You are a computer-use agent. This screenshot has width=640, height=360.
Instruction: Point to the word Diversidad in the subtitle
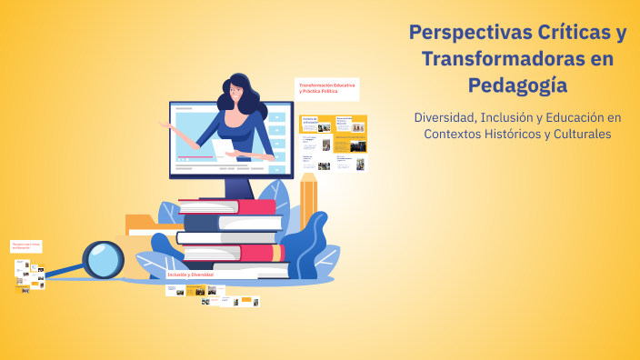[x=446, y=117]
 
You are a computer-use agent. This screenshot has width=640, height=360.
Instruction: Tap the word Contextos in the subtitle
[x=460, y=134]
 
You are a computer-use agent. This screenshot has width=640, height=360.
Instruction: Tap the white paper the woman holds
[x=222, y=147]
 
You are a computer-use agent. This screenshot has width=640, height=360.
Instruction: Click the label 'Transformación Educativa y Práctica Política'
[x=326, y=88]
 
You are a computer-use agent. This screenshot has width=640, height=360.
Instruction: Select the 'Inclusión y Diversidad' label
[x=190, y=274]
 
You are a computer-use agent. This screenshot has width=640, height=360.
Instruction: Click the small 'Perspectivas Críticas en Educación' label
[x=25, y=245]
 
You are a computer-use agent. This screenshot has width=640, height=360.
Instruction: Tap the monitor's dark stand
[x=238, y=185]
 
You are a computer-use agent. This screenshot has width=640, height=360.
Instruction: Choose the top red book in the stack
[x=232, y=206]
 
